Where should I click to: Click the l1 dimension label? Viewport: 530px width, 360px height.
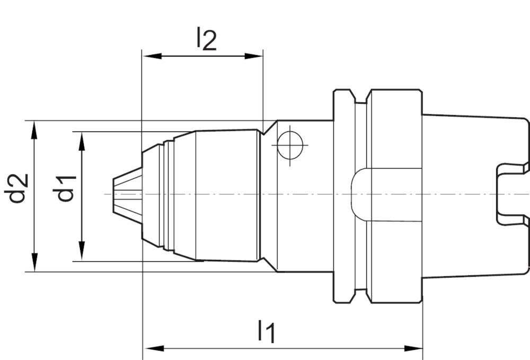coord(267,332)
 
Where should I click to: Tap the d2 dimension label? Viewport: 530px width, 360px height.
coord(18,188)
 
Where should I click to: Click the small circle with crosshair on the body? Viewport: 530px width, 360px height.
coord(289,144)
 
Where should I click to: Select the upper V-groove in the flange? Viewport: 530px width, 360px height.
coord(360,97)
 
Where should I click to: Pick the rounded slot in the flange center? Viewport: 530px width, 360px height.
coord(360,194)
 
